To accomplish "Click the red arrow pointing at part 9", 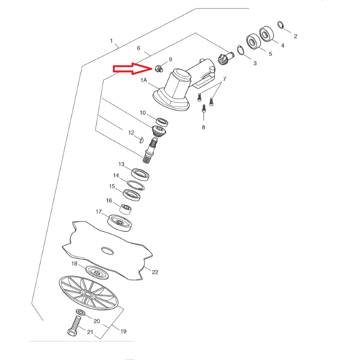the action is click(x=132, y=69).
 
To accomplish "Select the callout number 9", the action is click(x=171, y=59).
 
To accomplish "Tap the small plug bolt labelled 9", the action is click(x=159, y=69).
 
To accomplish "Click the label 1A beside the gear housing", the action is click(x=144, y=80).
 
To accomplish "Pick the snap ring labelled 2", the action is click(x=281, y=25).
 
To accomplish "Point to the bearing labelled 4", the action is click(x=266, y=34).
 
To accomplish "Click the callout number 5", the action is click(x=270, y=54).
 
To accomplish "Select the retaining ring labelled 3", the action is click(x=240, y=50).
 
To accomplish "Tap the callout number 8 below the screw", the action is click(x=203, y=127).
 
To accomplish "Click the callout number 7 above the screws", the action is click(x=225, y=79).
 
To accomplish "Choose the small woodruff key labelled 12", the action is click(x=142, y=140).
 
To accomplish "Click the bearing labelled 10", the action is click(x=162, y=122).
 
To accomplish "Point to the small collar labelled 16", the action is click(x=126, y=209).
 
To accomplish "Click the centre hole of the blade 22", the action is click(x=107, y=251).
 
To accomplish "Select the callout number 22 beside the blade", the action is click(x=155, y=272).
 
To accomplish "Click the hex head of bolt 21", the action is click(x=72, y=332).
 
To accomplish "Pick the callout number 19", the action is click(x=123, y=331).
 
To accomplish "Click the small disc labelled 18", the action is click(x=97, y=273).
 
